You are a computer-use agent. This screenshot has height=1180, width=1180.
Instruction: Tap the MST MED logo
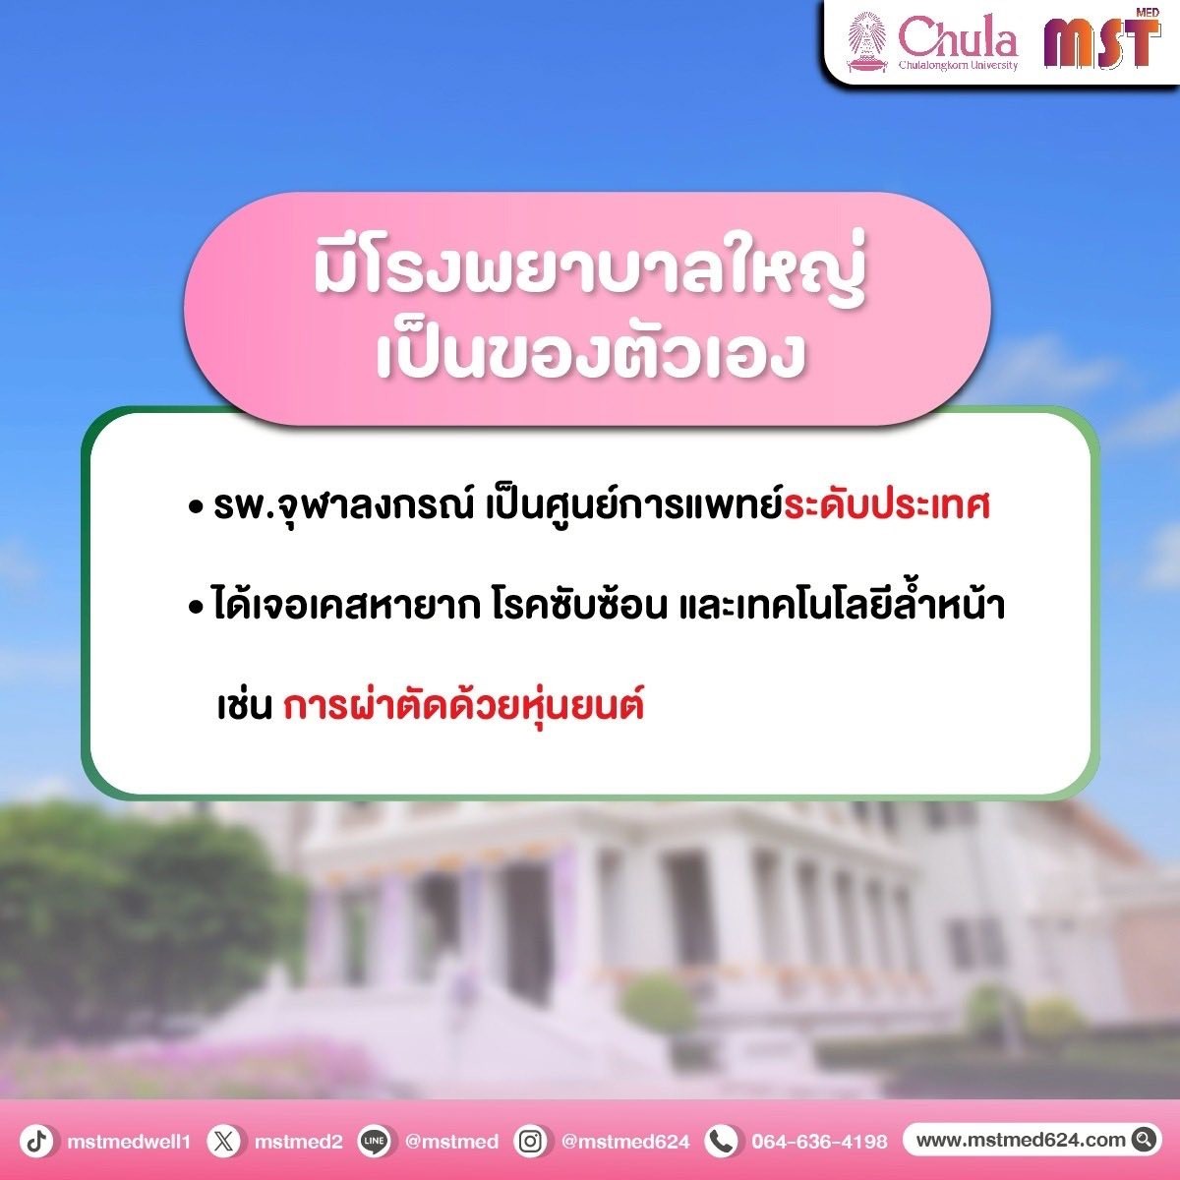click(x=1102, y=38)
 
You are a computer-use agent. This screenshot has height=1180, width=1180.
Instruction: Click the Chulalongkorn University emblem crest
click(x=867, y=43)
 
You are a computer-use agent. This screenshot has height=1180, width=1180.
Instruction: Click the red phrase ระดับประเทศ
click(x=887, y=505)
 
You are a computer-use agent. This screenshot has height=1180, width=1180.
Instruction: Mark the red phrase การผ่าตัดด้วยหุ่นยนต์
click(x=463, y=705)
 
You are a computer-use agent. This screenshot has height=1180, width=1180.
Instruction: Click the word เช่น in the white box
click(x=244, y=706)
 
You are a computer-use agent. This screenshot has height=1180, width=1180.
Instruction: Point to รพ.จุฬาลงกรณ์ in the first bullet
click(x=343, y=507)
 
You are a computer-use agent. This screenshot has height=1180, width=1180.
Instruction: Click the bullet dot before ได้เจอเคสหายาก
click(x=196, y=607)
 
